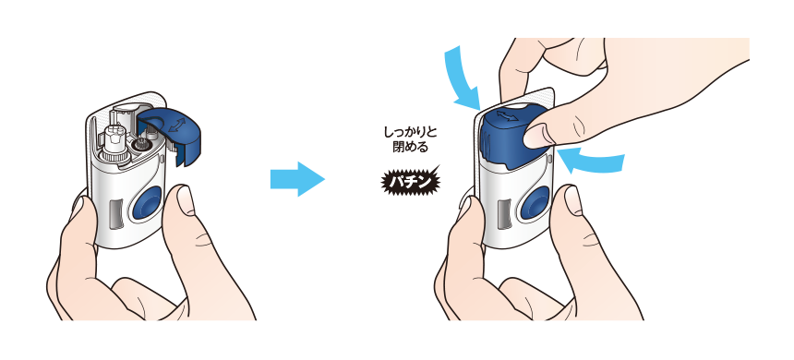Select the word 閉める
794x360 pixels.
click(407, 147)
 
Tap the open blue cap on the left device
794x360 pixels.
click(181, 134)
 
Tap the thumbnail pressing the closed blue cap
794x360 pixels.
click(539, 137)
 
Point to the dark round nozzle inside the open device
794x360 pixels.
click(143, 145)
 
